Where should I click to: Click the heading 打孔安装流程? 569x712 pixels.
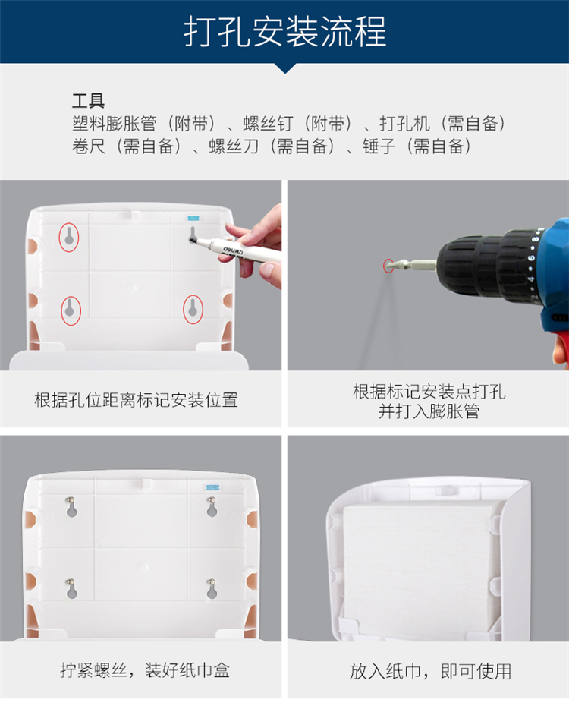click(285, 31)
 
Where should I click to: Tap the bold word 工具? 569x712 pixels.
click(88, 100)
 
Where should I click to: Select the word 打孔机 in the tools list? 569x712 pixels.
click(404, 124)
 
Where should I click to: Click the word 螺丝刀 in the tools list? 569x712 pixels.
click(234, 146)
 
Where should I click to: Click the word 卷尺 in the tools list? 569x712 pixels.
click(89, 146)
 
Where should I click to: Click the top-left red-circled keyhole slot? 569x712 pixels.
click(68, 237)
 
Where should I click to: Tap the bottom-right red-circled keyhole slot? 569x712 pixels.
click(193, 309)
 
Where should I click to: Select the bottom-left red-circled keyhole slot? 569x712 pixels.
click(71, 310)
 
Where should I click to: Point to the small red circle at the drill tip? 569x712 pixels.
click(388, 266)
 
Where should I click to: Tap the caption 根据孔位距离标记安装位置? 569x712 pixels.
click(136, 399)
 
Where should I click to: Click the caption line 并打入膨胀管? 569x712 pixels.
click(429, 411)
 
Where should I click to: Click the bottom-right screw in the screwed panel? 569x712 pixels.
click(211, 582)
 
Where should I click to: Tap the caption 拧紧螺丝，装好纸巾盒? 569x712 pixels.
click(145, 670)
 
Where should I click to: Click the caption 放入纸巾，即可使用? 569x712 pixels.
click(430, 671)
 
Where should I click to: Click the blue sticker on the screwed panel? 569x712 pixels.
click(213, 487)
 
